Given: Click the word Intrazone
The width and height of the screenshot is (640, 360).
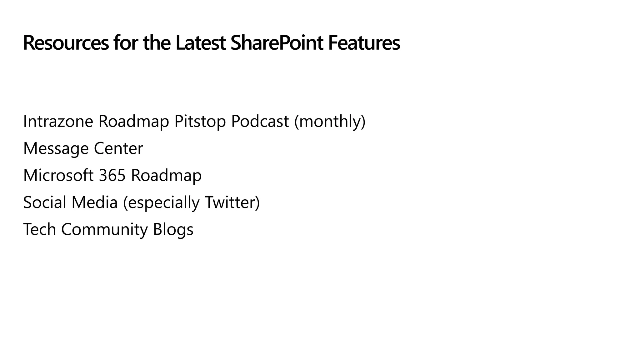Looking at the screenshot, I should (x=58, y=121).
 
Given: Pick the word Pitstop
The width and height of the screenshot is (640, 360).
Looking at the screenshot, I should (x=200, y=121).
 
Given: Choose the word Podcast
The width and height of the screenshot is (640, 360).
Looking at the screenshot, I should (x=260, y=121).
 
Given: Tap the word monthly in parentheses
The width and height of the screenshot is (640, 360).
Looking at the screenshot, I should (x=330, y=121).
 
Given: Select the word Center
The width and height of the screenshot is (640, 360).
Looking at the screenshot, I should (x=118, y=148).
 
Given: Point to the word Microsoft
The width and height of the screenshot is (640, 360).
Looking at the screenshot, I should (x=58, y=175).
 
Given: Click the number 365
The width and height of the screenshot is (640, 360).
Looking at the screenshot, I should (x=112, y=175).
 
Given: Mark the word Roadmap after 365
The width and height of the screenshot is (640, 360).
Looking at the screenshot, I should (x=166, y=175).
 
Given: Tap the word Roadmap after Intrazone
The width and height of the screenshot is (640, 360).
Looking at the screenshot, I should (x=134, y=121).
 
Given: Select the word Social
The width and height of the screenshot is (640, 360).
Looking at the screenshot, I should (x=45, y=202).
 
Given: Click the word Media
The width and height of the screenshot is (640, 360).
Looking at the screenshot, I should (x=94, y=202).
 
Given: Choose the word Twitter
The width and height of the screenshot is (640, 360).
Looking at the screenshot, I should (x=230, y=202).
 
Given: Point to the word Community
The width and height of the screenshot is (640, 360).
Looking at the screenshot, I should (x=104, y=229).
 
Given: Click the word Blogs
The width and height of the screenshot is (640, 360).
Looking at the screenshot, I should (x=173, y=229).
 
